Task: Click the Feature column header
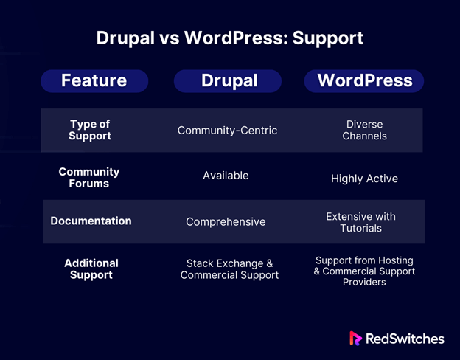point(94,81)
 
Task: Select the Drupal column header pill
point(228,81)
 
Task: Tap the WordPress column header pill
point(364,81)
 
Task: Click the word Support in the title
point(328,38)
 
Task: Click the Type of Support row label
point(90,130)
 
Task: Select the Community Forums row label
point(89,177)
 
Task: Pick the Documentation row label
point(91,221)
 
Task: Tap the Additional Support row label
point(91,269)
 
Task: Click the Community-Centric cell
point(227,131)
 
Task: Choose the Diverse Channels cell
point(364,130)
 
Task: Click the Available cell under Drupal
point(226,176)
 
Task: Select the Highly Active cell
point(364,179)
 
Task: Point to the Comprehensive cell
point(226,222)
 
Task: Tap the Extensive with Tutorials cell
point(360,222)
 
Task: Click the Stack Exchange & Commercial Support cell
point(229,269)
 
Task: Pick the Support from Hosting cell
point(364,271)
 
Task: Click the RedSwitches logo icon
point(355,339)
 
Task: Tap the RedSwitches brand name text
point(405,339)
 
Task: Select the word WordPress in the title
point(236,38)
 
